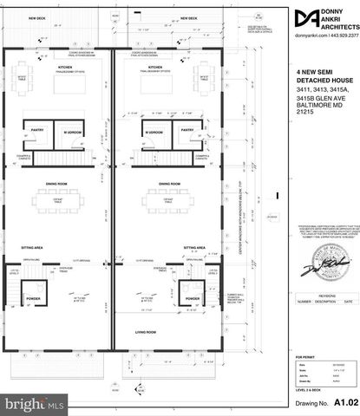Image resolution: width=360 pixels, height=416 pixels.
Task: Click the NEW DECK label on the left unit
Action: pos(37,18)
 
